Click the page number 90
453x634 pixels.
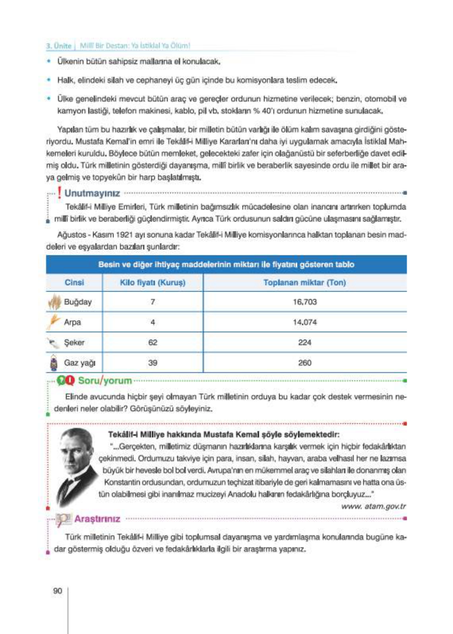(58, 591)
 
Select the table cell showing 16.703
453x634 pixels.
(305, 302)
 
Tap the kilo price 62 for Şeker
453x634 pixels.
(153, 342)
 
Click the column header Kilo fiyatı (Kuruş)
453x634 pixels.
(153, 282)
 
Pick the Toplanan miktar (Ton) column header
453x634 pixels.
(305, 282)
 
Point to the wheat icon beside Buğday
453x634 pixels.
(54, 302)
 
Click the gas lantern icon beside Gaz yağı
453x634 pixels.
(54, 363)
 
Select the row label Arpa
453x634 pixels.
(72, 322)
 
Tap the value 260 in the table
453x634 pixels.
(305, 363)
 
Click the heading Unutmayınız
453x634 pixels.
(92, 193)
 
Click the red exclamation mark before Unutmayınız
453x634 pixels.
(60, 193)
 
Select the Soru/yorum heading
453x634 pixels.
(105, 381)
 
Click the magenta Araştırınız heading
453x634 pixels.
(97, 519)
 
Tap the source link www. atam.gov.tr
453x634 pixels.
(373, 506)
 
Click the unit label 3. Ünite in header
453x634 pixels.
(58, 46)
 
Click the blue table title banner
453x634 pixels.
(226, 264)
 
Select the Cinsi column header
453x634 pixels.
(74, 282)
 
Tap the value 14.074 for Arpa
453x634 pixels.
(305, 322)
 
